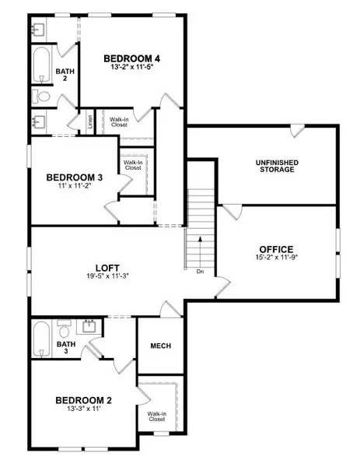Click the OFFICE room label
point(276,250)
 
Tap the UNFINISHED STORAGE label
point(276,166)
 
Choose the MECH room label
point(160,346)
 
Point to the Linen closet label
point(91,121)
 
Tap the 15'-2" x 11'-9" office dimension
point(276,258)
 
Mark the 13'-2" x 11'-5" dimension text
point(134,68)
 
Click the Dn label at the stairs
point(200,272)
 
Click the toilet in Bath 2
point(42,97)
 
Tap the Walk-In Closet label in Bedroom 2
point(158,417)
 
